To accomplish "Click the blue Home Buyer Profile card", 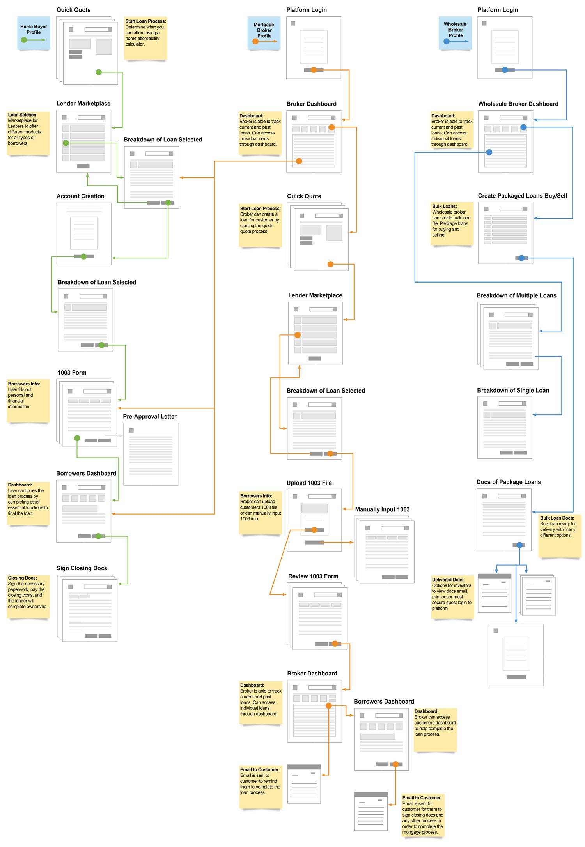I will tap(34, 33).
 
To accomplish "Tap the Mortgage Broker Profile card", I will tap(264, 33).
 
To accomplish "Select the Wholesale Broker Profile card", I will tap(455, 33).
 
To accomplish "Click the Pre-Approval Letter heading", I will tap(150, 416).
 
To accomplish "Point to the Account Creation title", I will tap(80, 196).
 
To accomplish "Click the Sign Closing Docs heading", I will tap(82, 568).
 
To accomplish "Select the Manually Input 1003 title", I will tap(382, 509).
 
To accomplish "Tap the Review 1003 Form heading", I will tap(313, 576).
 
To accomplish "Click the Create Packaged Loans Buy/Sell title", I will tap(522, 196).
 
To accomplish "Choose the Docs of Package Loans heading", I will tap(509, 482).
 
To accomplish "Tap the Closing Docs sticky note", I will tap(28, 596).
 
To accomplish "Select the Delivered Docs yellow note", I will tap(452, 597).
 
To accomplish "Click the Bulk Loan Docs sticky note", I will tap(559, 535).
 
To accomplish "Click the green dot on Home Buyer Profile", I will tap(24, 40).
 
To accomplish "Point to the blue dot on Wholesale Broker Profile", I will tap(447, 41).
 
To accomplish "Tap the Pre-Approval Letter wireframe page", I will tap(151, 454).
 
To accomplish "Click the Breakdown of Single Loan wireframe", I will tap(505, 427).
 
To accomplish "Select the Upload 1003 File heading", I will tap(309, 483).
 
